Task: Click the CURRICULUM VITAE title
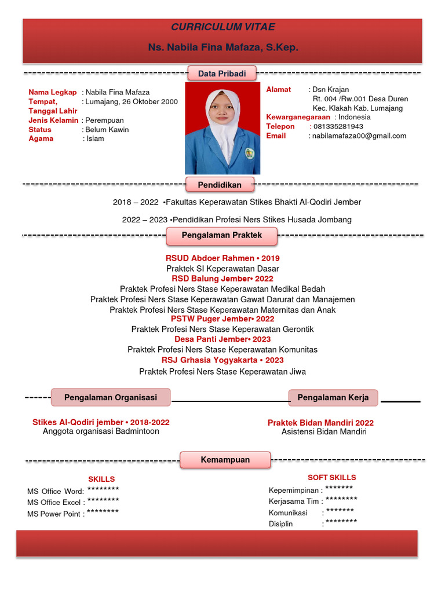click(222, 27)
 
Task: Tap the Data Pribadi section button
click(222, 74)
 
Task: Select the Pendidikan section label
click(220, 185)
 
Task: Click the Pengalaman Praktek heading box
click(222, 235)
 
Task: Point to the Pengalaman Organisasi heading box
click(111, 397)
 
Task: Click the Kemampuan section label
click(225, 460)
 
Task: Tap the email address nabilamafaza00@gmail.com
click(359, 136)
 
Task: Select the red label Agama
click(41, 139)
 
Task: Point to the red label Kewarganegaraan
click(298, 117)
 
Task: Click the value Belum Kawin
click(107, 130)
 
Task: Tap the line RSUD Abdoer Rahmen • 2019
click(222, 258)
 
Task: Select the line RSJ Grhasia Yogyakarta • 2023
click(222, 360)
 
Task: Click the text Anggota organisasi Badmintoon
click(101, 431)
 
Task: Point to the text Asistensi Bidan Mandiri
click(324, 432)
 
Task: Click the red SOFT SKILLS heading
click(331, 478)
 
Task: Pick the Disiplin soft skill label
click(281, 524)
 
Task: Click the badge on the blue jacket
click(249, 153)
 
